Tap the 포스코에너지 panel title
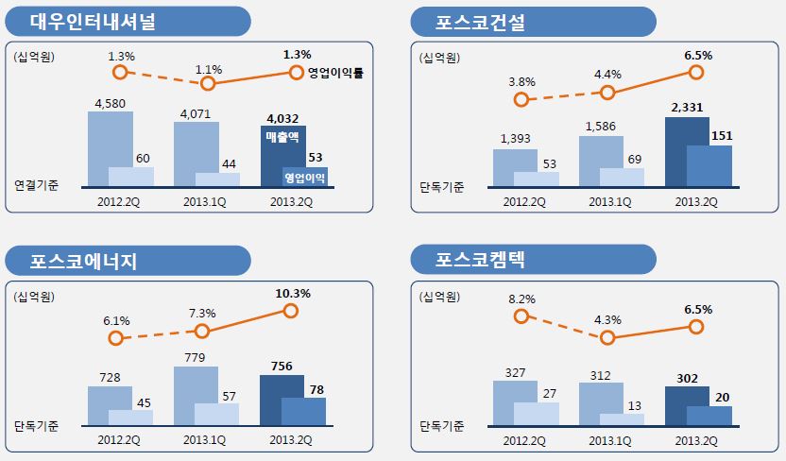(x=84, y=261)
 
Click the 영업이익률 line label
(x=336, y=73)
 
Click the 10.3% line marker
(x=291, y=311)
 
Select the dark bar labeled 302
(x=681, y=406)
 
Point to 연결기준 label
(x=37, y=185)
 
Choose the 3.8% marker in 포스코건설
(x=520, y=99)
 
